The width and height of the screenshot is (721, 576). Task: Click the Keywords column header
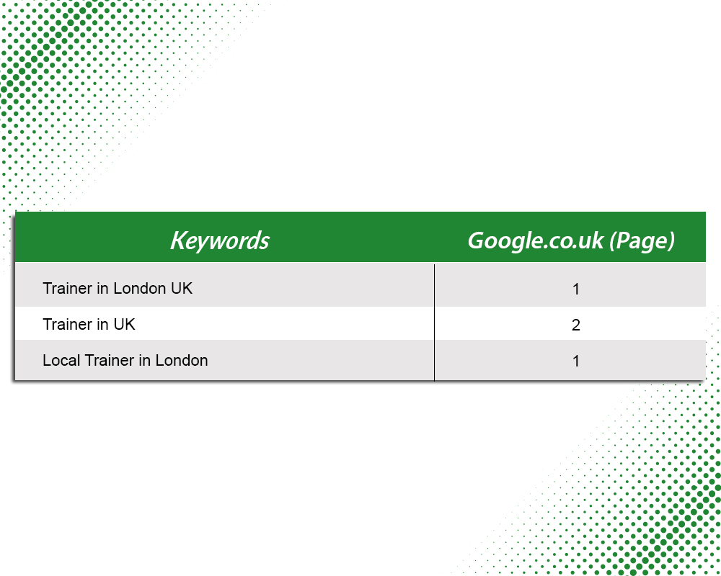220,240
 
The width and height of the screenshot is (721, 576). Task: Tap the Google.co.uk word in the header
536,240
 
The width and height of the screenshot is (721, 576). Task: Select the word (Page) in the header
642,240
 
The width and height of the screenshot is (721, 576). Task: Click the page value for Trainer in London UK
575,289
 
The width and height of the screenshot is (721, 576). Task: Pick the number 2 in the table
575,325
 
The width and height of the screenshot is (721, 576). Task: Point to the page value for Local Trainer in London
575,361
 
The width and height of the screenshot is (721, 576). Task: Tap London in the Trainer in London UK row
139,288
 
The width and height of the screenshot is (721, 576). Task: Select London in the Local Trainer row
182,360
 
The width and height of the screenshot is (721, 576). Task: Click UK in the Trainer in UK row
124,324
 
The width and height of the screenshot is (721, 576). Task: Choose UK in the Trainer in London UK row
182,288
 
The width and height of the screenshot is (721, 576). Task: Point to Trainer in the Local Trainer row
110,360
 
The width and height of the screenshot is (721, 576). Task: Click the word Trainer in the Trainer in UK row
68,324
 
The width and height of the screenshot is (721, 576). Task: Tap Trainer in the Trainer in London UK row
68,288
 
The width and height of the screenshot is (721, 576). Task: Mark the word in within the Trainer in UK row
102,324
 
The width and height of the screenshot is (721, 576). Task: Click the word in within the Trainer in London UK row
102,288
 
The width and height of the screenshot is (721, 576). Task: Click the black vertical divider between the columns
434,323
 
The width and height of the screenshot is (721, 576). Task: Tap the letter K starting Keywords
178,240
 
